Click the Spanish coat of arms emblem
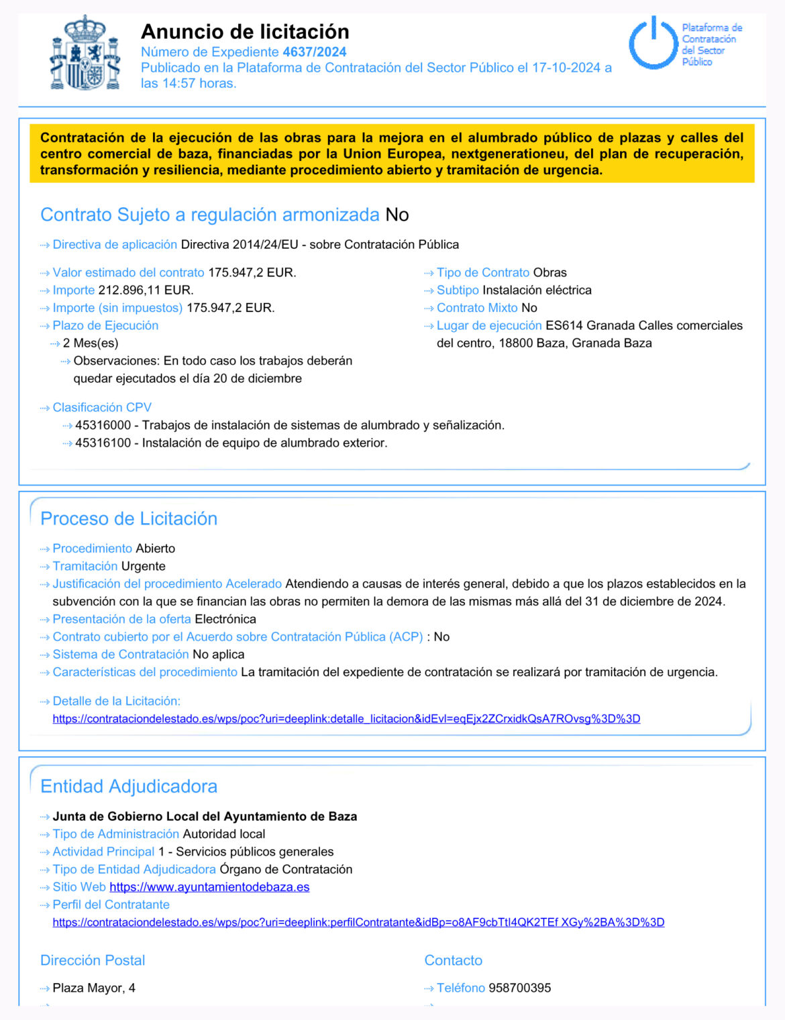pyautogui.click(x=85, y=54)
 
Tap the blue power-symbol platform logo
pyautogui.click(x=653, y=44)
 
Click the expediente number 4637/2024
pyautogui.click(x=315, y=52)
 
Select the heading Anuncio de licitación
pyautogui.click(x=245, y=32)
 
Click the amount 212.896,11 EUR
pyautogui.click(x=146, y=290)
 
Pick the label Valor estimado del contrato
pyautogui.click(x=128, y=273)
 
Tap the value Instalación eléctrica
pyautogui.click(x=537, y=290)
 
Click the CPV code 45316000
pyautogui.click(x=103, y=425)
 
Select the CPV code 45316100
pyautogui.click(x=103, y=443)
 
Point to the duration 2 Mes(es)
pyautogui.click(x=91, y=343)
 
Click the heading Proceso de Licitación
pyautogui.click(x=129, y=518)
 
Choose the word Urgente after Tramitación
pyautogui.click(x=143, y=566)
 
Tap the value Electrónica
pyautogui.click(x=225, y=619)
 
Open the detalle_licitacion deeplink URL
pyautogui.click(x=346, y=719)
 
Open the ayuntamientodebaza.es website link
pyautogui.click(x=209, y=887)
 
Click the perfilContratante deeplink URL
pyautogui.click(x=358, y=923)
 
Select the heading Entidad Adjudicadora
pyautogui.click(x=129, y=786)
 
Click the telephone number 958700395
pyautogui.click(x=519, y=988)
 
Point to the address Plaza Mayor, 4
pyautogui.click(x=94, y=988)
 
